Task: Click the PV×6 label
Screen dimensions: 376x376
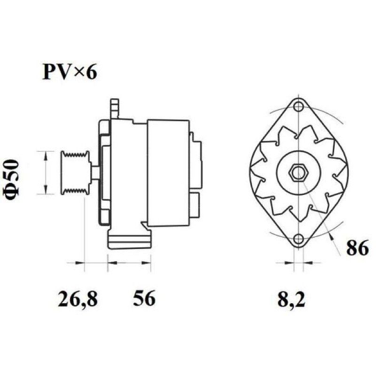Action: [70, 72]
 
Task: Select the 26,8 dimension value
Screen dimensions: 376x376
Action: [78, 299]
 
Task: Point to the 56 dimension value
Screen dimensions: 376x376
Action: [144, 298]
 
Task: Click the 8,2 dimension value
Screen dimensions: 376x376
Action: [291, 299]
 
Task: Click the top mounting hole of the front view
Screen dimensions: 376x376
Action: [298, 106]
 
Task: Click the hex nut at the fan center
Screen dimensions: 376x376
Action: [298, 172]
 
